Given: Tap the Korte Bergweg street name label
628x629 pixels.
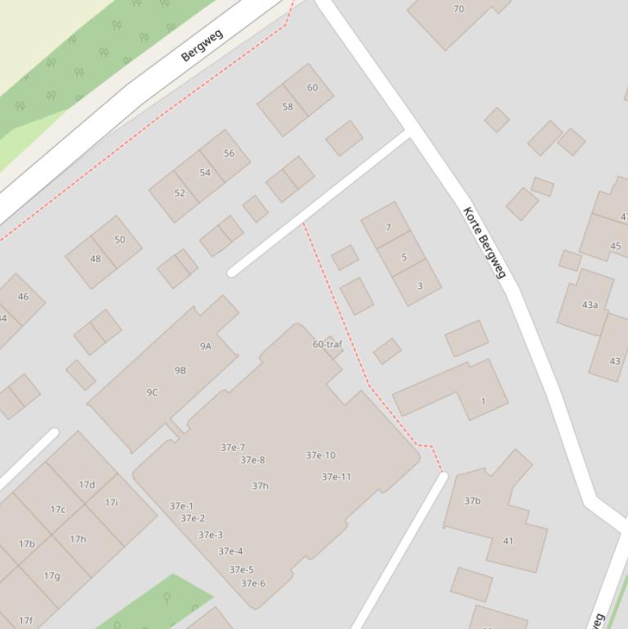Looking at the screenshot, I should [x=485, y=242].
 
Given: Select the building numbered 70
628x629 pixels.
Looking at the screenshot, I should [x=458, y=9].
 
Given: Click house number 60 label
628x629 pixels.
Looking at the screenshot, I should [x=312, y=87].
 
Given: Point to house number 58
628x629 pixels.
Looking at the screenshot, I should [x=287, y=107].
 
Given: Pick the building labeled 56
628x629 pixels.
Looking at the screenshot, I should [x=229, y=154].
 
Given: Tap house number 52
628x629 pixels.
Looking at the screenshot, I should [x=180, y=193].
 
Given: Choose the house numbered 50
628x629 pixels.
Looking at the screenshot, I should [x=120, y=239].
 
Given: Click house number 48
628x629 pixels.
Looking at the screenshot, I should [x=96, y=259].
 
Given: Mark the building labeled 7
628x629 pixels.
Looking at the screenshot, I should [x=388, y=228].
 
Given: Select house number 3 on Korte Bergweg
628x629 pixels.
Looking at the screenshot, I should [x=420, y=286].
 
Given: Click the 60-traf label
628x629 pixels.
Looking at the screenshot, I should [x=327, y=344].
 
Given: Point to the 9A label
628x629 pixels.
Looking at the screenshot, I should [x=206, y=346].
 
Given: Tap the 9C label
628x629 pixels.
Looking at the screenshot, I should [x=152, y=392].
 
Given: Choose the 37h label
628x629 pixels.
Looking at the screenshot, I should [x=260, y=486].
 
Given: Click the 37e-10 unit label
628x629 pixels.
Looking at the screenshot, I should [x=320, y=455].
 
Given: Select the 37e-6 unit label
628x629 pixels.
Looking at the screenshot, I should [x=253, y=583].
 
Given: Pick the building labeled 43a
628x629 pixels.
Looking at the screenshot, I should [x=590, y=305].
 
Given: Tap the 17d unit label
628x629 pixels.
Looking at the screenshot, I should [x=87, y=484].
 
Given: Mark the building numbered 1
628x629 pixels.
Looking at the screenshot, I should [x=483, y=401].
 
